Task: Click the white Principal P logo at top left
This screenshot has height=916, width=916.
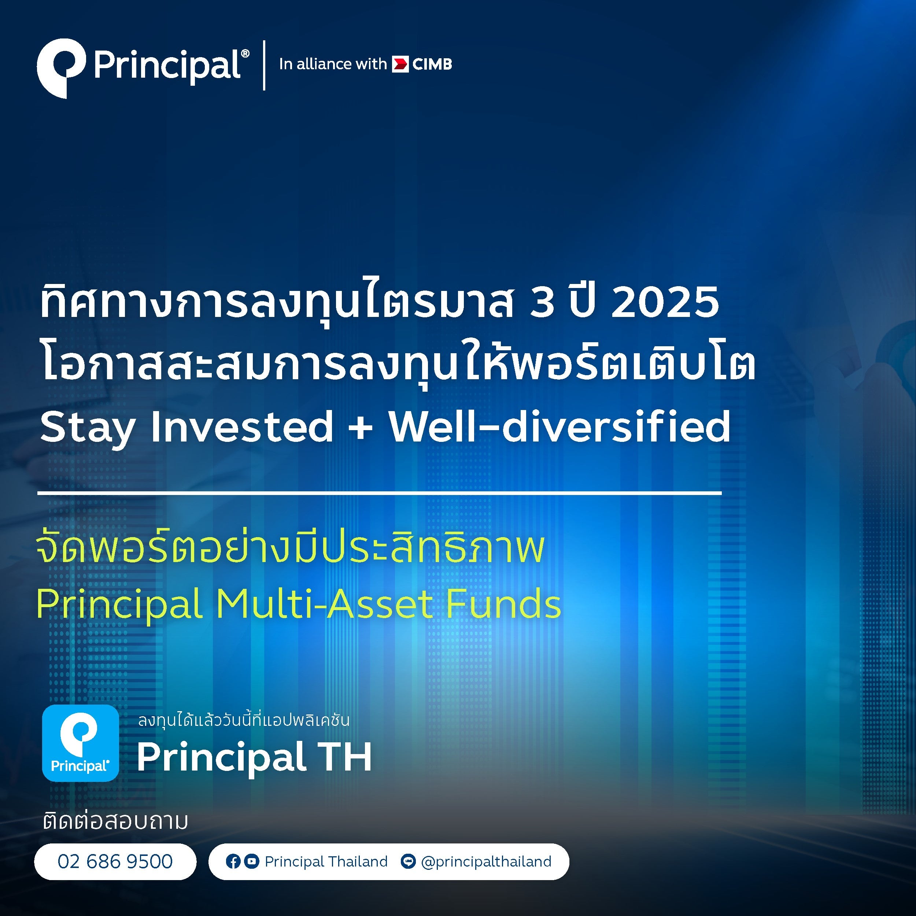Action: [61, 68]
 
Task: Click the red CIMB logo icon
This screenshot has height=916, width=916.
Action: [400, 64]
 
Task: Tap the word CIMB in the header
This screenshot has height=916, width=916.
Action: [432, 64]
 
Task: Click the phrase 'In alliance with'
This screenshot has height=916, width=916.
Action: [333, 64]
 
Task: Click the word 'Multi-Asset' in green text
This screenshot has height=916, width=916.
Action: [324, 604]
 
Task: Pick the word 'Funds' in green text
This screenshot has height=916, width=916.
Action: [503, 604]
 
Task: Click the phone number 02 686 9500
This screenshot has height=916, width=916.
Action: [115, 861]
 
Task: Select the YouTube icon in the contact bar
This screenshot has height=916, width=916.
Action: [252, 861]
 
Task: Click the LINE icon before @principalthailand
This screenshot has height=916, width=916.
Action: [408, 861]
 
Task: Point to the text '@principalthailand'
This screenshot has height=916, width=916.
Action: [487, 862]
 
